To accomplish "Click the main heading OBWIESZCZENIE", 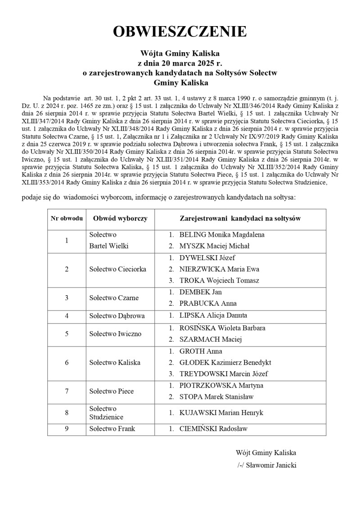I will (180, 32).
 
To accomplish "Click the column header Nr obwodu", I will (67, 218).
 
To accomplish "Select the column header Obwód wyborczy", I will (120, 218).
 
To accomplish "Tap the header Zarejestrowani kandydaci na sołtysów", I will (240, 218).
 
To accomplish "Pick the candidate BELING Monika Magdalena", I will (221, 234).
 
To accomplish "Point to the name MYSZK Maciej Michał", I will (214, 246).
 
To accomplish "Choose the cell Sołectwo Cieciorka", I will (117, 269).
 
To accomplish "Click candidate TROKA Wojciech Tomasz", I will (219, 280).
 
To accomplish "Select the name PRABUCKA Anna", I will (207, 303).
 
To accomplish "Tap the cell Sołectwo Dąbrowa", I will (117, 316).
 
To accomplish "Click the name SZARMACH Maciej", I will (211, 339).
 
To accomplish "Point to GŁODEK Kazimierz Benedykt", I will (225, 362).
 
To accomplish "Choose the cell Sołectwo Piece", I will (111, 391).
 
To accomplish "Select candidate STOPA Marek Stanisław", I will (216, 396).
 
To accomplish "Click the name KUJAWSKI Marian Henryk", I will (221, 413).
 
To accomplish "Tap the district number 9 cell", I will (67, 429).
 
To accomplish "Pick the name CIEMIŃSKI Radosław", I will (213, 429).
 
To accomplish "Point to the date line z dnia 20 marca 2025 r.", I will (180, 63).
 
